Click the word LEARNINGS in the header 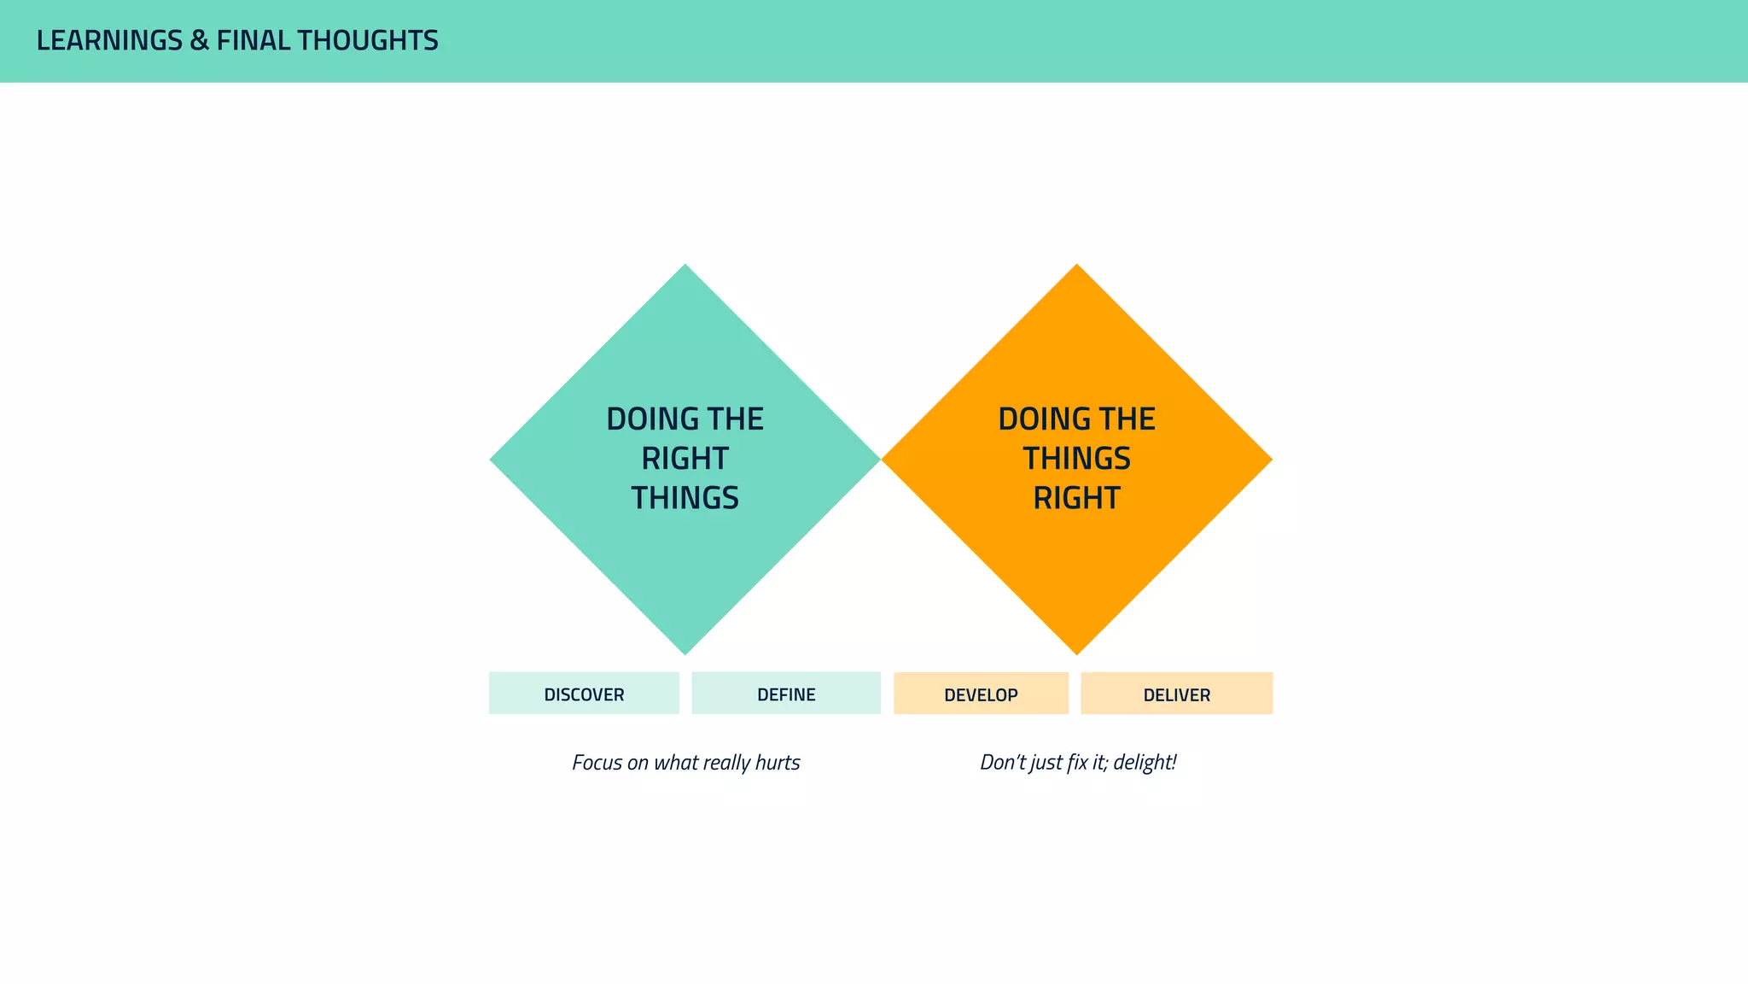(x=109, y=41)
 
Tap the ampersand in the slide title (x=199, y=41)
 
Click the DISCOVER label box (x=584, y=694)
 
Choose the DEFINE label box (x=786, y=694)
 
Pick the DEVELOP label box (x=981, y=694)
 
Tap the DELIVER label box (x=1176, y=694)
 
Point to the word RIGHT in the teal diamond (x=685, y=459)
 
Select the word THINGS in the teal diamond (x=685, y=498)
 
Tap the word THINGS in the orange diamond (x=1076, y=459)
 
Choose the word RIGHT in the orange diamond (x=1076, y=498)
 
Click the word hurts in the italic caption (x=778, y=763)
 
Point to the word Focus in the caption (x=597, y=763)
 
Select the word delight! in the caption (x=1145, y=763)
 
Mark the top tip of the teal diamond (x=685, y=266)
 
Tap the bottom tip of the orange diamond (x=1076, y=653)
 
